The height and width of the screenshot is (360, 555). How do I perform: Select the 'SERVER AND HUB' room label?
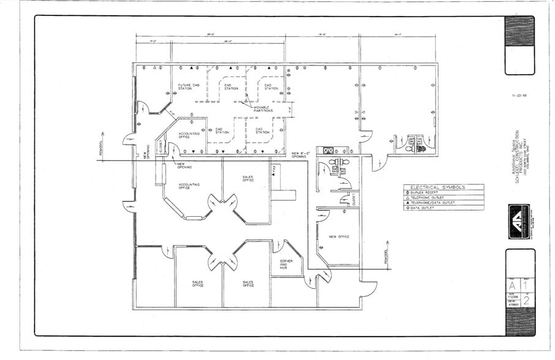[x=286, y=264]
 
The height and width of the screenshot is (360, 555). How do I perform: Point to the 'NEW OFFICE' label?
[x=339, y=236]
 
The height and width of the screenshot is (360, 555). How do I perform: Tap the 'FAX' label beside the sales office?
[x=274, y=168]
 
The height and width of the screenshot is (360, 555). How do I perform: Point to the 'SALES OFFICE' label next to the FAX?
[x=247, y=178]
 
